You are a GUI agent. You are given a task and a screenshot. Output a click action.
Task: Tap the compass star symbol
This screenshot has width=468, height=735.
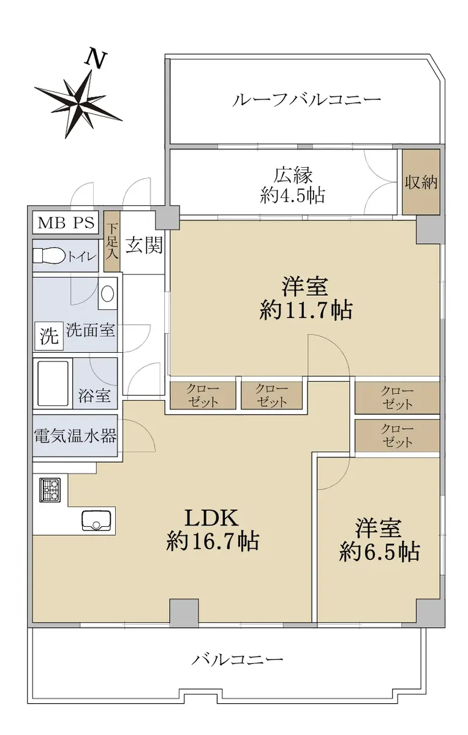(78, 104)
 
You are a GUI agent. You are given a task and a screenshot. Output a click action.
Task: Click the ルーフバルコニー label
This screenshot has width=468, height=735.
(306, 99)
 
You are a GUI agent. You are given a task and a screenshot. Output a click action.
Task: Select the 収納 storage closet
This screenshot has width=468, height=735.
(421, 182)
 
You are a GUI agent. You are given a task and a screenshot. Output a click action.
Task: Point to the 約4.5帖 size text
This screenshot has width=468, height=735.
(293, 195)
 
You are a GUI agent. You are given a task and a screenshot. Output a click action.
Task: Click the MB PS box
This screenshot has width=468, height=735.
(66, 223)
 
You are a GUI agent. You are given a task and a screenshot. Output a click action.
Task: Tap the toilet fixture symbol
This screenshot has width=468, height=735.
(50, 255)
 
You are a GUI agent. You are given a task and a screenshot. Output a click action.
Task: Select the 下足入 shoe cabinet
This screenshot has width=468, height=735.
(112, 241)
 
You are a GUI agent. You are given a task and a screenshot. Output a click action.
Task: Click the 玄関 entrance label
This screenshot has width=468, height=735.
(144, 245)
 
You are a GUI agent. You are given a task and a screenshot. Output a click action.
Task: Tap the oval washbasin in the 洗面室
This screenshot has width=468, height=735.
(107, 293)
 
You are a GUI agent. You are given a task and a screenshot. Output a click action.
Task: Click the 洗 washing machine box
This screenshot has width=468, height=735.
(49, 336)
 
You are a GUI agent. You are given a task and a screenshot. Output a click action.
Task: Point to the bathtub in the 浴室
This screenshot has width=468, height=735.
(53, 383)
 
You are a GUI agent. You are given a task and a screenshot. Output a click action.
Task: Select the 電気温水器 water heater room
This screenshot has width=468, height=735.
(75, 435)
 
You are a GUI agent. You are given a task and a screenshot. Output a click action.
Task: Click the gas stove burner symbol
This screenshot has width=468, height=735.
(50, 490)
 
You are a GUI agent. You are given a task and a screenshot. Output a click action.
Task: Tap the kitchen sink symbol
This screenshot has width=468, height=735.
(96, 521)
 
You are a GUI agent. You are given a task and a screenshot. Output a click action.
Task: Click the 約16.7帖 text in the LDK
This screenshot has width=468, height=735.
(213, 541)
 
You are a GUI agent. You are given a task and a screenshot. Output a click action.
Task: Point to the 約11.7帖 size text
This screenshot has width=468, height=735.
(306, 310)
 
